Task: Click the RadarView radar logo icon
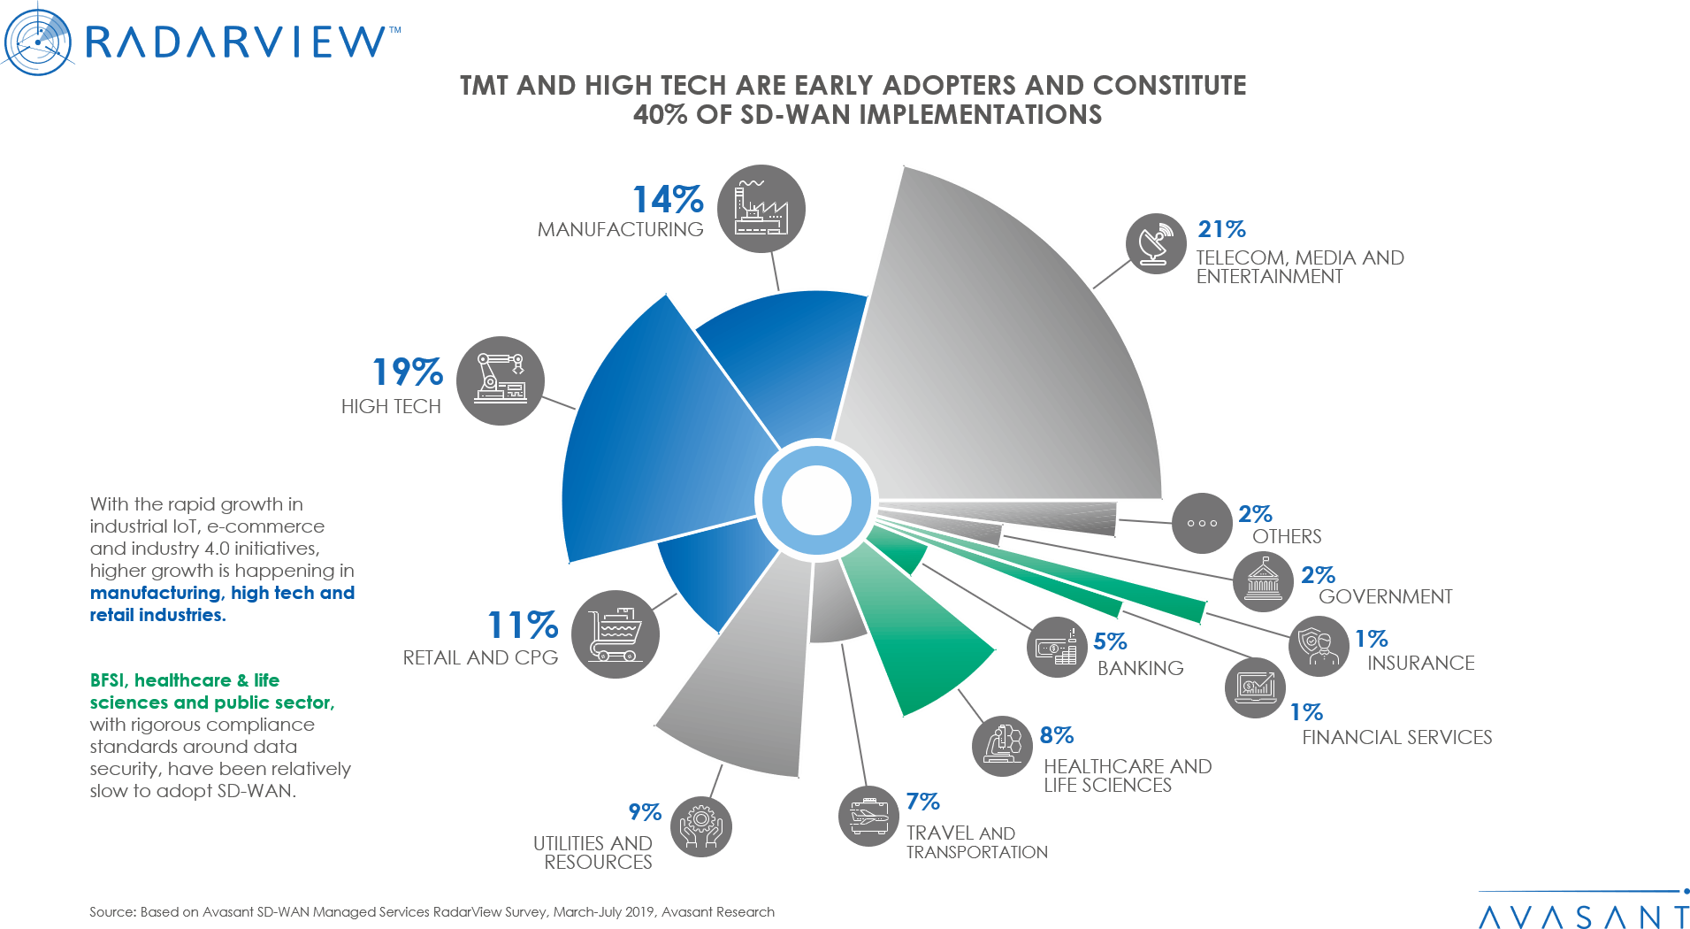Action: [x=37, y=39]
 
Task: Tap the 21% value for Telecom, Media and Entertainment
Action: [x=1221, y=229]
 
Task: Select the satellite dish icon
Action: [x=1156, y=243]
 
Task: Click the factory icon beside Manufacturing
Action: [x=761, y=209]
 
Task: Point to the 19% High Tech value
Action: [x=407, y=372]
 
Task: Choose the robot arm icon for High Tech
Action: [x=501, y=380]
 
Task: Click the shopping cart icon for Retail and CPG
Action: [x=616, y=634]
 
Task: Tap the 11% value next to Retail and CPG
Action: [x=523, y=626]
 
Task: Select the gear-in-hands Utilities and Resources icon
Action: [x=701, y=826]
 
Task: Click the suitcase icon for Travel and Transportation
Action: [x=868, y=816]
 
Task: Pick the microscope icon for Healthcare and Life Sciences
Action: [x=1003, y=745]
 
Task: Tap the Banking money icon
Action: [x=1056, y=648]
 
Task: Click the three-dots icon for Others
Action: [x=1202, y=523]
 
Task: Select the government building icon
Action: [x=1263, y=580]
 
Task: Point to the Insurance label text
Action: [x=1420, y=663]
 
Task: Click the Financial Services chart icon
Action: [x=1255, y=687]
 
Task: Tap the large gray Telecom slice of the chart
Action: [x=999, y=372]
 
